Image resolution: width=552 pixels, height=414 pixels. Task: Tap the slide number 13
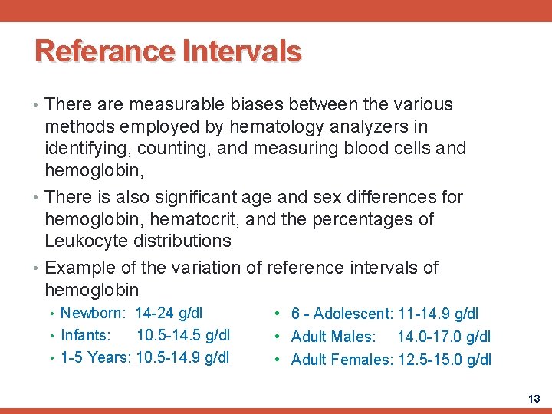(x=534, y=399)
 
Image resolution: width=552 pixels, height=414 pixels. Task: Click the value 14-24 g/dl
(x=169, y=313)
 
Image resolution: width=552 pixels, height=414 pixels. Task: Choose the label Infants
(x=85, y=335)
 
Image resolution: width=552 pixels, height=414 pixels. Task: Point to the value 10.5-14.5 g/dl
(x=182, y=335)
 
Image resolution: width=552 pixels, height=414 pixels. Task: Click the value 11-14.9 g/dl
(x=436, y=314)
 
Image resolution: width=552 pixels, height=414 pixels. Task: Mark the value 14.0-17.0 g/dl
(x=444, y=337)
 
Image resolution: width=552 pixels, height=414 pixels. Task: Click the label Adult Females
(x=342, y=360)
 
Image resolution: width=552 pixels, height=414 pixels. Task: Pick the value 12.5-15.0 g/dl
(x=444, y=360)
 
